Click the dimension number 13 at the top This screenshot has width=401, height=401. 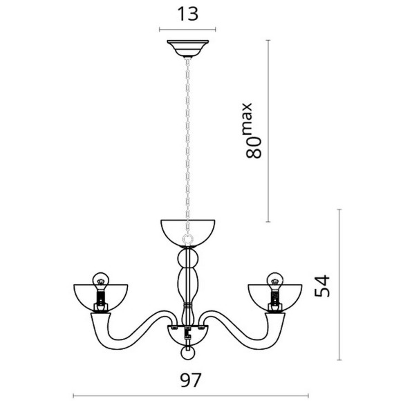click(x=188, y=14)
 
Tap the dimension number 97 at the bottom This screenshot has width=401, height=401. click(x=191, y=380)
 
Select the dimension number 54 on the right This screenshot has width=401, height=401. click(x=322, y=286)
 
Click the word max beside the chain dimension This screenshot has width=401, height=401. click(x=247, y=118)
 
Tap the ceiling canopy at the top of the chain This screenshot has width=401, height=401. click(x=188, y=48)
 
